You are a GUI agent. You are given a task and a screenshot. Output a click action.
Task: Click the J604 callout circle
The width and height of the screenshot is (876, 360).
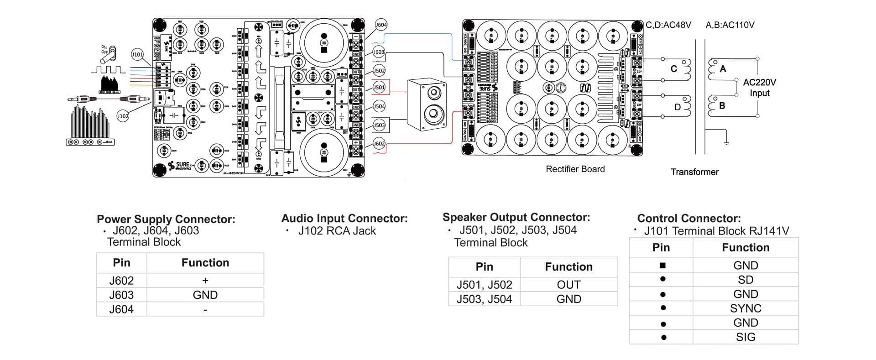pos(381,25)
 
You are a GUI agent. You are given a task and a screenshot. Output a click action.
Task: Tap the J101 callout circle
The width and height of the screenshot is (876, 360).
pos(137,54)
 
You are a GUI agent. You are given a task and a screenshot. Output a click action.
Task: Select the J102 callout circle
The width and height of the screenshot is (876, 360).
pos(123,116)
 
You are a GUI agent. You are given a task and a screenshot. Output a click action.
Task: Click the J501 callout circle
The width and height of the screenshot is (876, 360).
pos(379,87)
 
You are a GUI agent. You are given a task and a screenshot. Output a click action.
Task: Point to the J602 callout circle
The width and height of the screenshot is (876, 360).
pos(379,144)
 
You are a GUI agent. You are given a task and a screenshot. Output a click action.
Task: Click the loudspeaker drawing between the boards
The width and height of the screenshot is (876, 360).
pos(426,104)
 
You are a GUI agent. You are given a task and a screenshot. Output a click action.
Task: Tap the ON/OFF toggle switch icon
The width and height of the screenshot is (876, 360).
pos(109,53)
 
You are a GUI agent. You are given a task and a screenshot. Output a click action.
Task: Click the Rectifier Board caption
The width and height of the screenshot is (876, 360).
pos(575,169)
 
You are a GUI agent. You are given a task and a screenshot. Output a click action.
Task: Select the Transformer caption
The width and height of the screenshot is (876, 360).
pos(694,172)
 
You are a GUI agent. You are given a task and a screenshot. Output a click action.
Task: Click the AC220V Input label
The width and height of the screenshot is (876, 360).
pos(759,88)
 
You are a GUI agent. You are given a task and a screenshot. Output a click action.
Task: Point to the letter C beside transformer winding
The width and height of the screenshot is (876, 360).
pos(673,69)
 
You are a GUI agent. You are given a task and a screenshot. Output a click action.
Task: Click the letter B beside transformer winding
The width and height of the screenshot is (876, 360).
pos(722,106)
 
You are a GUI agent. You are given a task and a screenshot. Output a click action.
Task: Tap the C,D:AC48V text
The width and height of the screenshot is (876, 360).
pos(668,25)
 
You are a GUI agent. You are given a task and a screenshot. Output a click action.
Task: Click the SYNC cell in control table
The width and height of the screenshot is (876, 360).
pos(745,308)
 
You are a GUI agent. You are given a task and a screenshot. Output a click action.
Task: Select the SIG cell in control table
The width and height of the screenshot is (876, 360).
pos(745,337)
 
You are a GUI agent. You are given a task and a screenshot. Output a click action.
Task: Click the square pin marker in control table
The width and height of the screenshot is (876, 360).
pos(662,266)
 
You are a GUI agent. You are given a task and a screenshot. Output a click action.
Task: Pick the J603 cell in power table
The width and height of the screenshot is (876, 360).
pos(121,295)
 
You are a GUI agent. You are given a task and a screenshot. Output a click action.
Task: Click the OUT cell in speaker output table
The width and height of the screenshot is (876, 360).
pos(568,285)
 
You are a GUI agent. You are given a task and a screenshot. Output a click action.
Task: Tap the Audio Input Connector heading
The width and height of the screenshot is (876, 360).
pos(344,219)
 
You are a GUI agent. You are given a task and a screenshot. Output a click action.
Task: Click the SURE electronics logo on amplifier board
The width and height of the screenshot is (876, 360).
pos(180,165)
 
